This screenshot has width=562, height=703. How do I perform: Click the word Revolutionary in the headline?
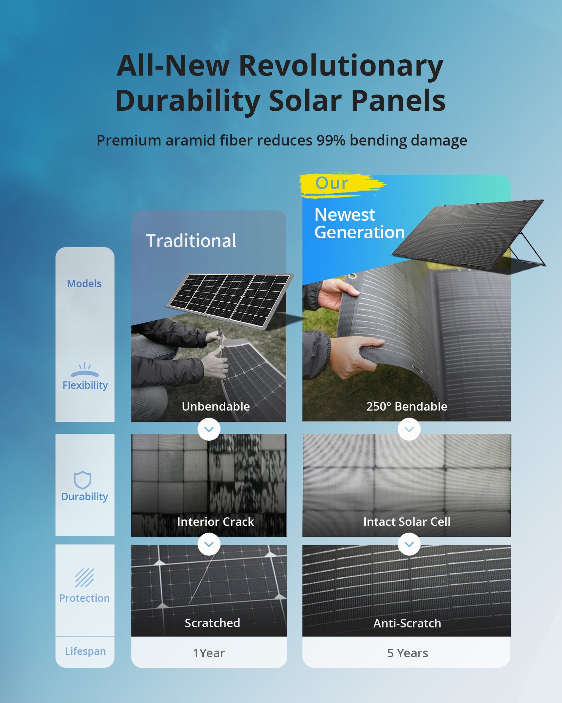(341, 66)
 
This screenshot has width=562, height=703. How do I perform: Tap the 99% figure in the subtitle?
(331, 140)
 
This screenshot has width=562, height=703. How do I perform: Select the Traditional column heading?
(191, 241)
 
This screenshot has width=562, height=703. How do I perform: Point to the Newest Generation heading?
(359, 224)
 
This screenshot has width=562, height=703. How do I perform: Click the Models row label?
(84, 284)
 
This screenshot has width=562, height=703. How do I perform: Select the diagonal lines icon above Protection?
(84, 578)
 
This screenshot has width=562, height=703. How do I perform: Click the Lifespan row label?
(85, 651)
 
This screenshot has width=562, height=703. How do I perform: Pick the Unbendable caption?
(216, 406)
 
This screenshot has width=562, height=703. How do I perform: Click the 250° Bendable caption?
(407, 406)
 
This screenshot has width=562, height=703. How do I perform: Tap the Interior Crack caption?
(216, 522)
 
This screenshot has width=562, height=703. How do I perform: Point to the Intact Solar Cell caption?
(407, 522)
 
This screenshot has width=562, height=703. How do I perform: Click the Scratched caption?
(213, 623)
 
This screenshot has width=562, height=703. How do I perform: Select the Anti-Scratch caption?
(407, 623)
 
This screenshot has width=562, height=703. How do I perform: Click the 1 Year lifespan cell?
(209, 653)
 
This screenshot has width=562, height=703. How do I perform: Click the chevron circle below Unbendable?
(209, 429)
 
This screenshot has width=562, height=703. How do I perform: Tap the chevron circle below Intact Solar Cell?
(409, 544)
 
